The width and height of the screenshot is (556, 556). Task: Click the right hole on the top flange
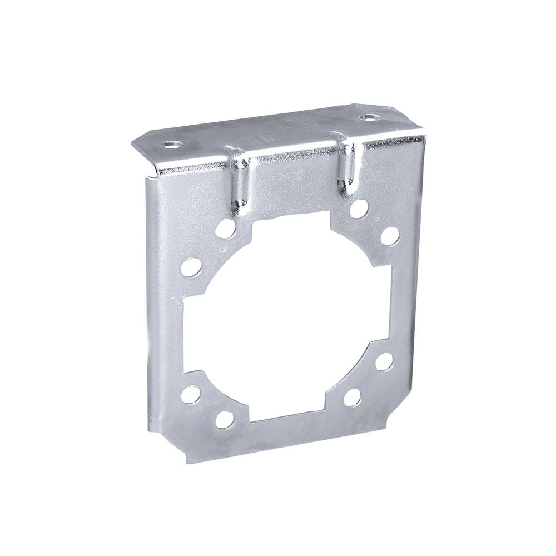point(368,117)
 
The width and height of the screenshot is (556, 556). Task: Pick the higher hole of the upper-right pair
point(360,209)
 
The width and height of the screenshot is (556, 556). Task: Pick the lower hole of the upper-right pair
point(389,236)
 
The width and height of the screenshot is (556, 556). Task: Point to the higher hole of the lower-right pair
point(384,363)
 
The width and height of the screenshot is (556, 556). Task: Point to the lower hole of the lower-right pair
point(353,397)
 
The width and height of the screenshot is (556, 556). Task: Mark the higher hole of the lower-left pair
point(191,395)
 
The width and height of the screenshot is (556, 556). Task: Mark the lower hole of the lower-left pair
point(224,419)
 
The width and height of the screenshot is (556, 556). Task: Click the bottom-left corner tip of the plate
point(188,461)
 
